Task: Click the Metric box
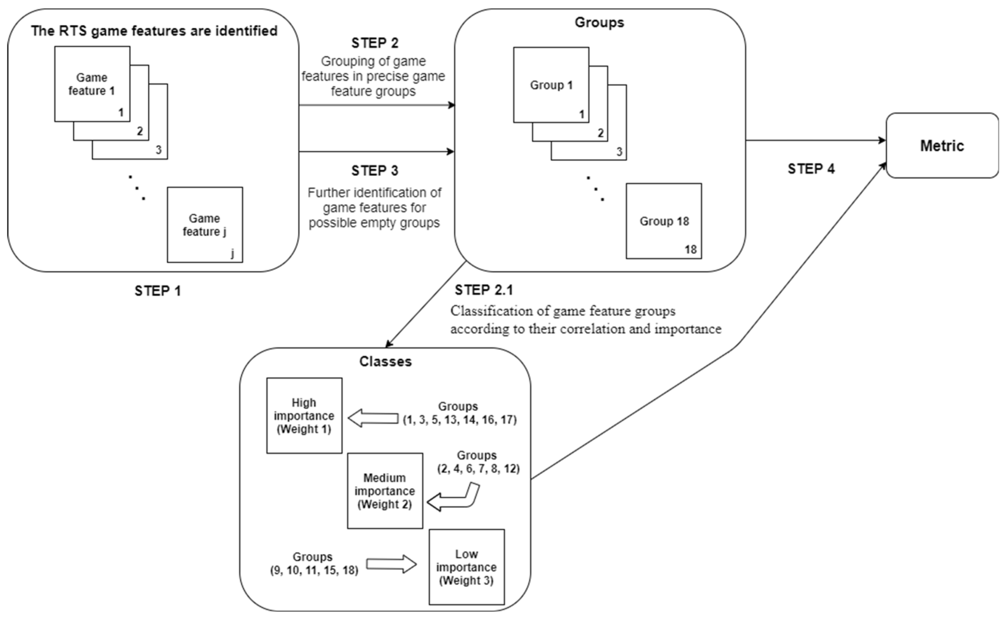942,146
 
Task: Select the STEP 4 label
811,169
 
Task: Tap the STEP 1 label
157,291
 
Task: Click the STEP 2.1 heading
484,290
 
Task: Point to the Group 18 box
664,221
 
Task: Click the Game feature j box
204,225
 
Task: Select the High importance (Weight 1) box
304,416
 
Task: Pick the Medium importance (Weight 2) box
385,490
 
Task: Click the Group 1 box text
551,85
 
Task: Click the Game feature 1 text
92,84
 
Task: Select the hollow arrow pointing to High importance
373,418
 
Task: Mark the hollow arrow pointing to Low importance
391,564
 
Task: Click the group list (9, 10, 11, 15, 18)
314,570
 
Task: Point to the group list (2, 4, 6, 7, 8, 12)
478,469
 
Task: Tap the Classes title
385,362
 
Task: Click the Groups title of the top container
599,23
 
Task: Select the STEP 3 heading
375,171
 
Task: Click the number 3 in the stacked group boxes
619,152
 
